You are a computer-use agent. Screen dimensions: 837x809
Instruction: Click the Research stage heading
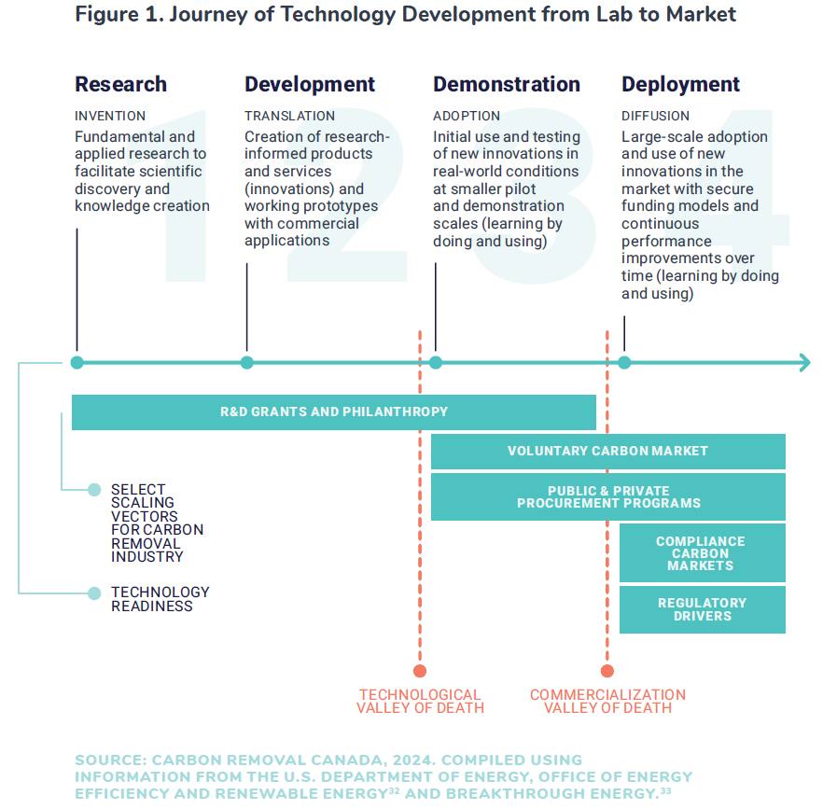tap(120, 84)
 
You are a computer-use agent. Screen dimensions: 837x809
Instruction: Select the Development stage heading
tap(310, 84)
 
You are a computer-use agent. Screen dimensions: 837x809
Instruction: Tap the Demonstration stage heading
tap(507, 84)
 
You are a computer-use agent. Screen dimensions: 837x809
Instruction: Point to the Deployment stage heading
tap(680, 85)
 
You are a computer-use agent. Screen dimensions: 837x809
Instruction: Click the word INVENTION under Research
tap(110, 116)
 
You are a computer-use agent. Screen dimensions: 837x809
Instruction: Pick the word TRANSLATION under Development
tap(290, 116)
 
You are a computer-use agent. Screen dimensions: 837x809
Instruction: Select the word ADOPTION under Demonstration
tap(467, 116)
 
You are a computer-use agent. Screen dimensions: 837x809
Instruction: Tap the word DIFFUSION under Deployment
tap(655, 116)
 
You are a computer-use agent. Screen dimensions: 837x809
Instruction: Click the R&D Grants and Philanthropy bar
tap(334, 412)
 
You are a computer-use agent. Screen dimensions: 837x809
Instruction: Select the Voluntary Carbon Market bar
tap(608, 452)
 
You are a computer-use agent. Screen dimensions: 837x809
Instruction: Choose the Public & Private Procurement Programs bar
tap(608, 496)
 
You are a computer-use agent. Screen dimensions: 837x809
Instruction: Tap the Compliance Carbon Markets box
tap(703, 552)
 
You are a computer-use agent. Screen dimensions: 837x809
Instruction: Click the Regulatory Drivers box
tap(703, 609)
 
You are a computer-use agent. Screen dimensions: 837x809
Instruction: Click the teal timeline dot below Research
tap(77, 363)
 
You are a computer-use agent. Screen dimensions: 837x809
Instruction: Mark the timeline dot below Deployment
tap(624, 363)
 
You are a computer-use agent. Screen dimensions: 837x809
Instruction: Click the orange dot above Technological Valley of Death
tap(420, 671)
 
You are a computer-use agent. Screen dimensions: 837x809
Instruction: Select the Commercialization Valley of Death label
tap(607, 701)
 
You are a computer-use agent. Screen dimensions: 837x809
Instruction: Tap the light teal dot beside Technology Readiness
tap(94, 593)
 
